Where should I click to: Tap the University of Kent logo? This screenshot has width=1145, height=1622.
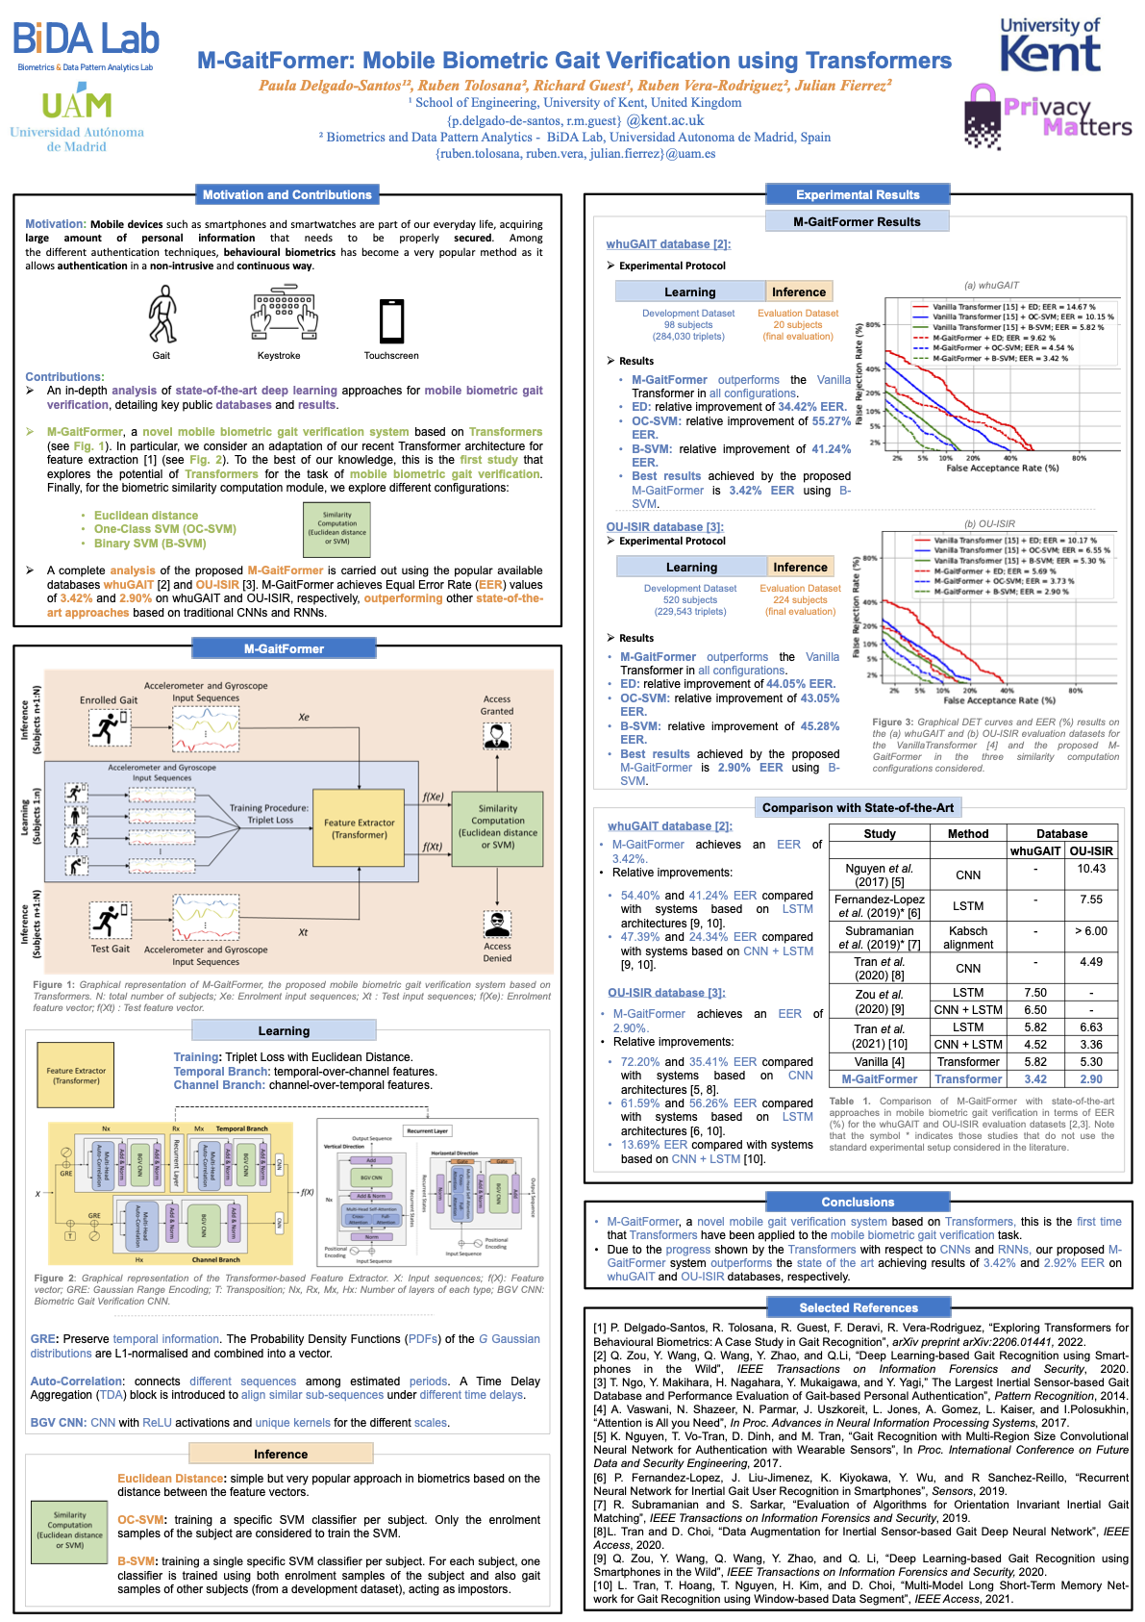click(1050, 46)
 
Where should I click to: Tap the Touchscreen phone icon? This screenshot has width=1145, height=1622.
click(391, 321)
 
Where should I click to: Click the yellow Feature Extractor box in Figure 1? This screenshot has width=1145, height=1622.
click(359, 828)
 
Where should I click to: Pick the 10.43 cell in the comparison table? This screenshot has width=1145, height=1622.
click(1091, 869)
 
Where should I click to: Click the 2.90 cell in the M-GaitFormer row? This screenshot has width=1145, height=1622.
click(1091, 1079)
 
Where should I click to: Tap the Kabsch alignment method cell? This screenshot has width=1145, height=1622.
click(967, 938)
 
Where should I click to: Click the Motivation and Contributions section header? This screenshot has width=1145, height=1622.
click(286, 194)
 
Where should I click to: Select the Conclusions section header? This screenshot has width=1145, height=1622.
click(858, 1202)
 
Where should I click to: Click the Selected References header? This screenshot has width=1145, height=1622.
click(858, 1307)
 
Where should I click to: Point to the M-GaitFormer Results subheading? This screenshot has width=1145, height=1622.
click(857, 221)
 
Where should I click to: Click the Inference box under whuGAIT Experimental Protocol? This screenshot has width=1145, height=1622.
click(798, 291)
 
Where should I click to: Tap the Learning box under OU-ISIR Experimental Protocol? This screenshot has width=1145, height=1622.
click(691, 567)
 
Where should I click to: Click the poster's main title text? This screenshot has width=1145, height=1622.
click(574, 61)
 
